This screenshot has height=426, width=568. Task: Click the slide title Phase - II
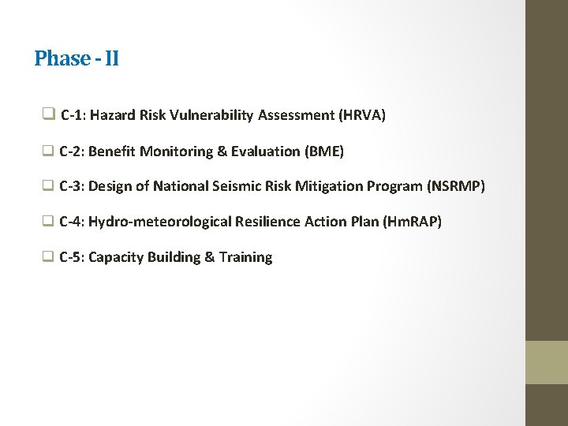77,58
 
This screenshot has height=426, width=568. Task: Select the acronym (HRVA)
362,115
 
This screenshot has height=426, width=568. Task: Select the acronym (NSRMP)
456,186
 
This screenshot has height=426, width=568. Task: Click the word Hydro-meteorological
156,222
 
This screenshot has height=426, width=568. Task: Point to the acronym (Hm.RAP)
412,222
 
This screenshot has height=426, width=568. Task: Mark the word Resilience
265,222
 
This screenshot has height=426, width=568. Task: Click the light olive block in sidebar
547,362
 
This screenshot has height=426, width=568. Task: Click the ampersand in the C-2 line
221,151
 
